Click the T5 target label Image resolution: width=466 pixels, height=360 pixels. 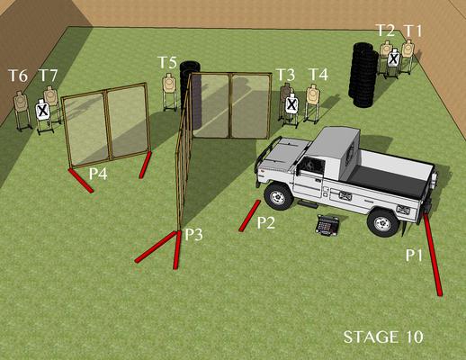[167, 63]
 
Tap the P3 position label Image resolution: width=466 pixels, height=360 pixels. [193, 235]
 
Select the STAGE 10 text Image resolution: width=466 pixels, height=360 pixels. [383, 337]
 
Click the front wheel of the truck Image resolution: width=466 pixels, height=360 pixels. [278, 196]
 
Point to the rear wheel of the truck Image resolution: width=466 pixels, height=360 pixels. [383, 222]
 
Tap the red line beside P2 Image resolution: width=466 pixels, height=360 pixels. [249, 215]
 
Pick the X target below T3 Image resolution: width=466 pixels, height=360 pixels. [291, 104]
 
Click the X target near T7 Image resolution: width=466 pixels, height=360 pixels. [43, 110]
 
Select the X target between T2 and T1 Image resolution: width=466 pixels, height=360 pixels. [393, 58]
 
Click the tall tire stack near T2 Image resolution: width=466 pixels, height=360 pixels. [363, 75]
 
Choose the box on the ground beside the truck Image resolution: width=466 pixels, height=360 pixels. [327, 225]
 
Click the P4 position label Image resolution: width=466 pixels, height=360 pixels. [98, 174]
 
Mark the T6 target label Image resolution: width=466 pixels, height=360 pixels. [18, 76]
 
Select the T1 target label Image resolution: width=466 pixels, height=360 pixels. [413, 31]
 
